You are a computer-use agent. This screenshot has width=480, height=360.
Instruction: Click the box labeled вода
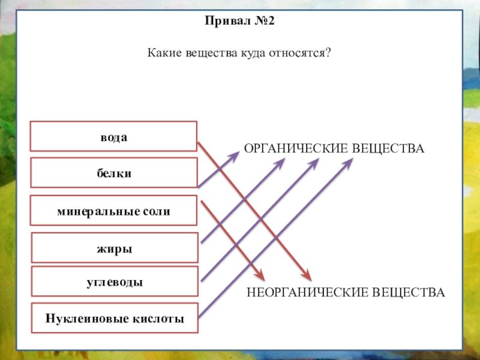coord(114,136)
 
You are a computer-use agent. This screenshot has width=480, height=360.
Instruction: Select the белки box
coord(114,173)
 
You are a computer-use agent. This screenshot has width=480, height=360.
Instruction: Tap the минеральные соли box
coord(114,211)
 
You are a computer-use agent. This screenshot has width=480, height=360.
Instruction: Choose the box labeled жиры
coord(114,247)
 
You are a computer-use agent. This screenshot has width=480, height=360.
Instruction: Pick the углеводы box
coord(114,282)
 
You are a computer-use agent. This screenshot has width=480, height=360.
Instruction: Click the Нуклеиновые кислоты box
coord(114,317)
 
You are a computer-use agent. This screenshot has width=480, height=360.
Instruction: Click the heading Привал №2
coord(239,21)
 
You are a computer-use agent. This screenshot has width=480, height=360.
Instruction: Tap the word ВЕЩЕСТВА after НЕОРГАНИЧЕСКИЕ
coord(409,292)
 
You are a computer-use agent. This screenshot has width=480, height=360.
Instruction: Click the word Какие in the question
coord(161,53)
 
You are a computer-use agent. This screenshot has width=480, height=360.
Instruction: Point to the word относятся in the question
coord(303,53)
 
